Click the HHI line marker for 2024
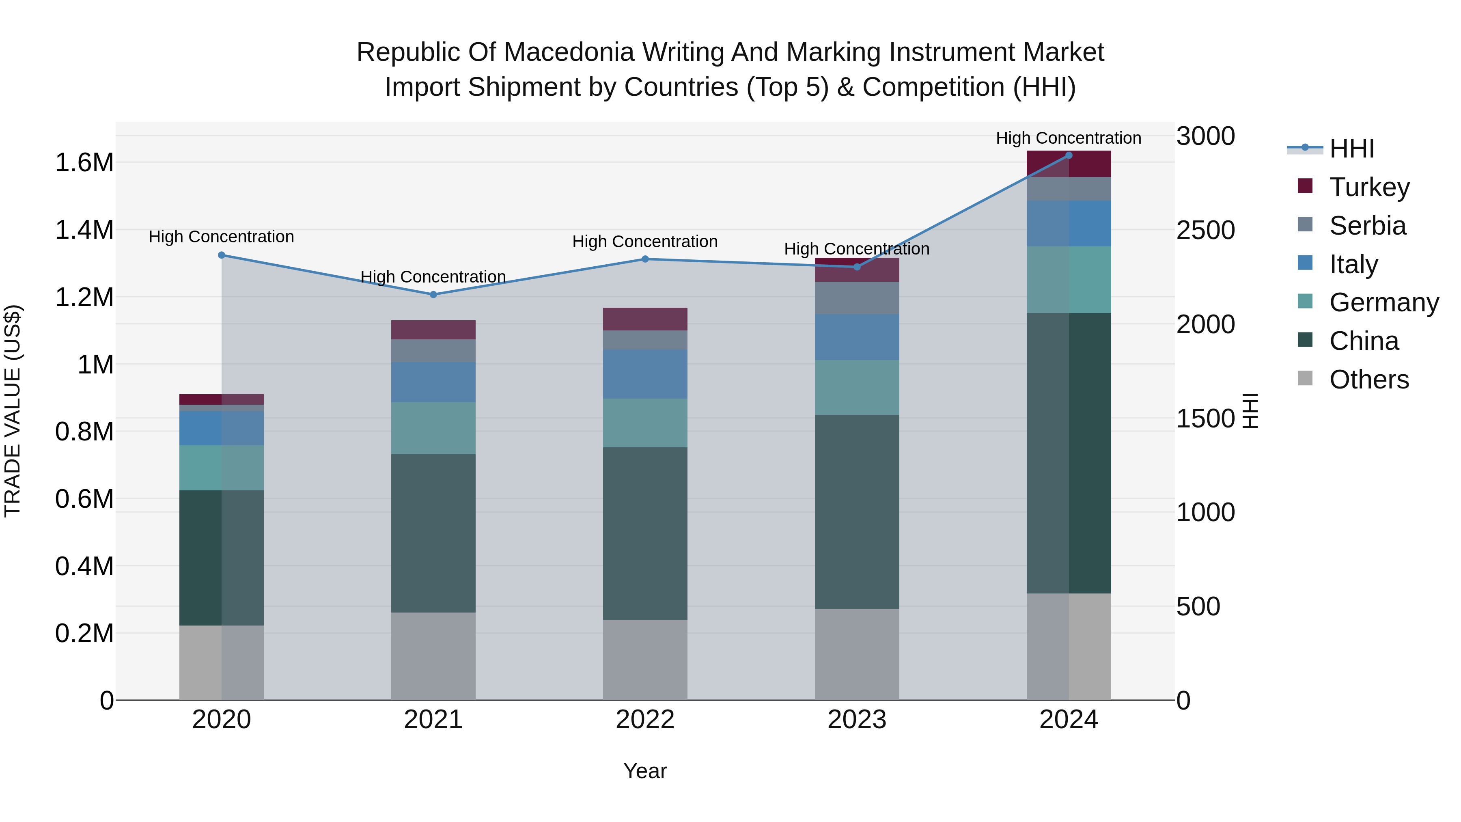1069,155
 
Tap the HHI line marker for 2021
433,294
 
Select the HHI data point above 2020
222,255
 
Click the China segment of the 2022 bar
645,533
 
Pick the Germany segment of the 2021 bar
433,428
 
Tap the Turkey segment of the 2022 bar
645,319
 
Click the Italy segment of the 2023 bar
857,337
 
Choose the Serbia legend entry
1367,226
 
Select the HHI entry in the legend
1351,149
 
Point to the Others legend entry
1368,380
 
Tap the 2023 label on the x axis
857,720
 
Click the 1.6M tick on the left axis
84,163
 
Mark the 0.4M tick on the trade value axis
84,566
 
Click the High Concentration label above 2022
645,242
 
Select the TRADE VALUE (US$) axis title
13,411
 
